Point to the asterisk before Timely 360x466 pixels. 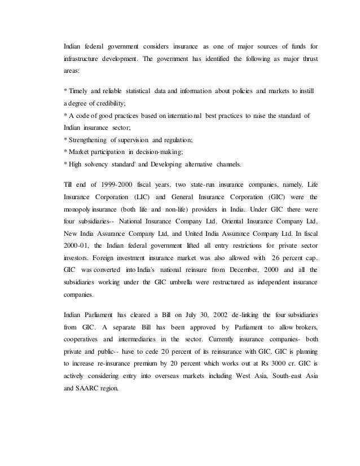tap(65, 91)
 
